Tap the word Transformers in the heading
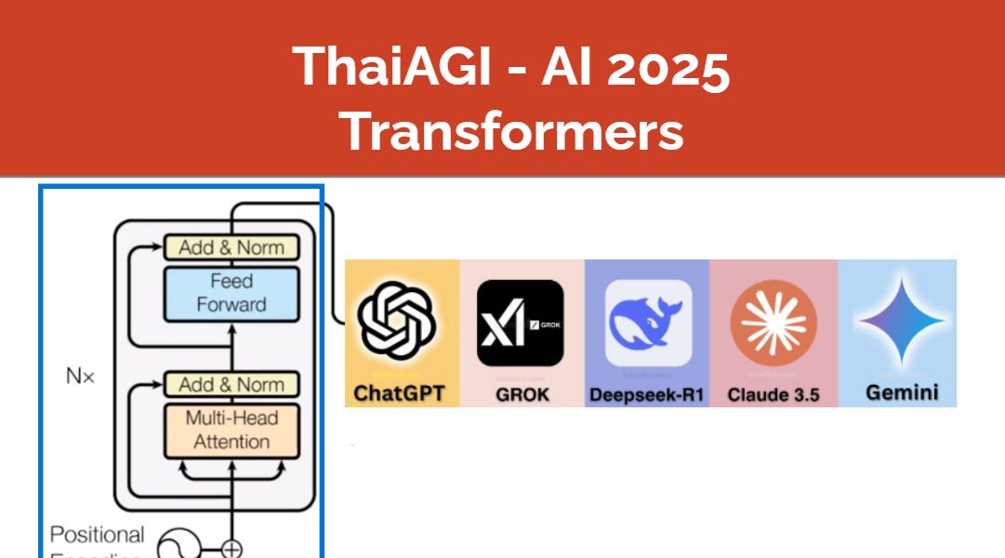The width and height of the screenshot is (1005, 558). pos(511,131)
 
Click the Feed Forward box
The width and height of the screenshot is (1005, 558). pos(231,293)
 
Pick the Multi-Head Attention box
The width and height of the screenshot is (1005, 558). pos(231,430)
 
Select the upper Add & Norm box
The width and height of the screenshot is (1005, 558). pos(231,247)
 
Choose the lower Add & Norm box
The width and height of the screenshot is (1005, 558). pos(231,384)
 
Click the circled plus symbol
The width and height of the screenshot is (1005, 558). pos(231,549)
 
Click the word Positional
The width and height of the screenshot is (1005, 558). pos(97,535)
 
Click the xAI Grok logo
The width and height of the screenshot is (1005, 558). pos(520,322)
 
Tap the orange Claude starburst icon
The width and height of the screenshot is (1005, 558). pos(773,322)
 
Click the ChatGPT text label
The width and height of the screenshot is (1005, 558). pos(400,393)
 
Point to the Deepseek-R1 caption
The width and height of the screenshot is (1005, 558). pos(647,394)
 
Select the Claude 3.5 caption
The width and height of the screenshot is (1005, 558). pos(774,394)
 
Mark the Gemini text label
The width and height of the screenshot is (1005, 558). pos(899,392)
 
